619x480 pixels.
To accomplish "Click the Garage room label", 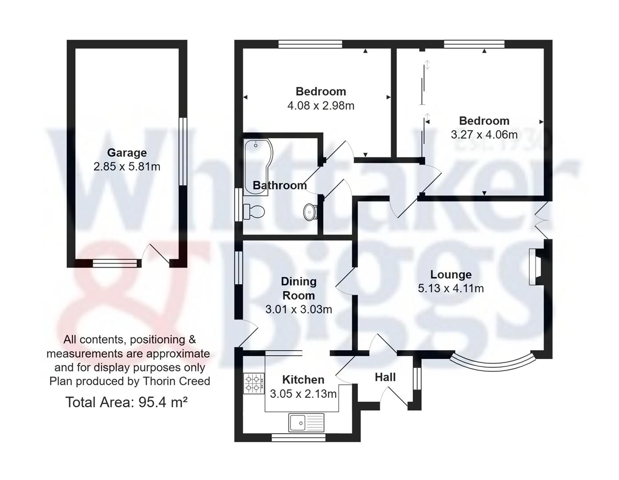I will pyautogui.click(x=127, y=152).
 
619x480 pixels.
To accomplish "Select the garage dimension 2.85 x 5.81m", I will pyautogui.click(x=127, y=167).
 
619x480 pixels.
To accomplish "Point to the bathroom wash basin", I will pyautogui.click(x=310, y=212).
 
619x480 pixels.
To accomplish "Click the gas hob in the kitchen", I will pyautogui.click(x=254, y=384).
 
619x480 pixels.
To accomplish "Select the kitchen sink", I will pyautogui.click(x=306, y=422).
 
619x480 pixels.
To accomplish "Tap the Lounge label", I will pyautogui.click(x=451, y=274).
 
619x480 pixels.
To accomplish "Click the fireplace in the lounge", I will pyautogui.click(x=535, y=267).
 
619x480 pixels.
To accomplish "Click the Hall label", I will pyautogui.click(x=385, y=377).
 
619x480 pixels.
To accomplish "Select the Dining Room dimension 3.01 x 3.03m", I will pyautogui.click(x=299, y=309).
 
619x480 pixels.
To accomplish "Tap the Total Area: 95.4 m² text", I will pyautogui.click(x=127, y=402).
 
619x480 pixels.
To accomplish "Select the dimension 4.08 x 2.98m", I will pyautogui.click(x=321, y=106).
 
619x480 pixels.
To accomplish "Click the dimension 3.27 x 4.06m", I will pyautogui.click(x=484, y=135).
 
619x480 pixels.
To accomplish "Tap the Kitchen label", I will pyautogui.click(x=303, y=380).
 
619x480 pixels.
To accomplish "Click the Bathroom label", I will pyautogui.click(x=280, y=185).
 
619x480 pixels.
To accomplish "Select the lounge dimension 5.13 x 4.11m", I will pyautogui.click(x=451, y=288).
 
